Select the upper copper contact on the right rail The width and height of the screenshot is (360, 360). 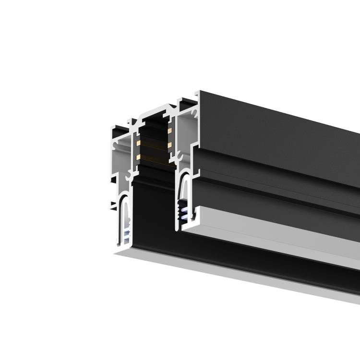(x=169, y=129)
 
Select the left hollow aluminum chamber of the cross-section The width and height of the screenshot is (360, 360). (x=122, y=158)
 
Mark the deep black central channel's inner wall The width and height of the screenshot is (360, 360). (x=154, y=211)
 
